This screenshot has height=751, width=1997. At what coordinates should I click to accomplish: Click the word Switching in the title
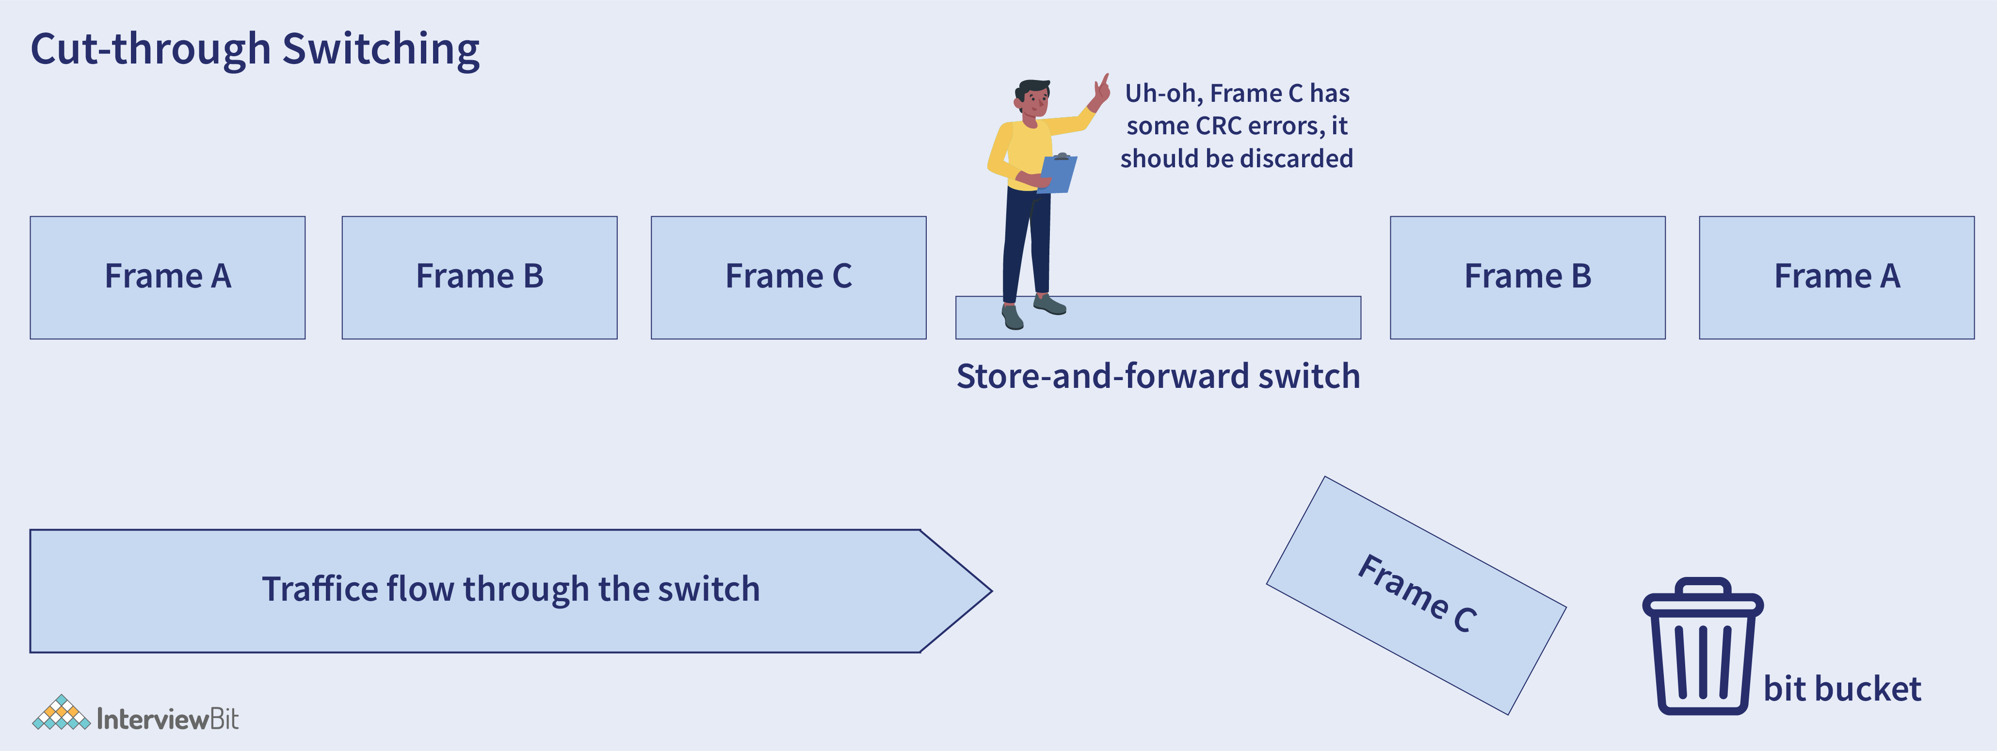point(381,49)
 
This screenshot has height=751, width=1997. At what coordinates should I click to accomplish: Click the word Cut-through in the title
point(150,49)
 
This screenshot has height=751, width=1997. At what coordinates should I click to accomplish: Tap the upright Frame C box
point(789,277)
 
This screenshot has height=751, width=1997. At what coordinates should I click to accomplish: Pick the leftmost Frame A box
point(167,277)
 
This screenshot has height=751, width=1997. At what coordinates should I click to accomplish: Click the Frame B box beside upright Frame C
point(479,277)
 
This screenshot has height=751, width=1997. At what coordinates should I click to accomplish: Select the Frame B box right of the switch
point(1527,277)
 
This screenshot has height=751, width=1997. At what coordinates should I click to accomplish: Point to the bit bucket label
point(1842,689)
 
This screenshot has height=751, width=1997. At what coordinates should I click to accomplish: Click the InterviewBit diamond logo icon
point(61,713)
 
